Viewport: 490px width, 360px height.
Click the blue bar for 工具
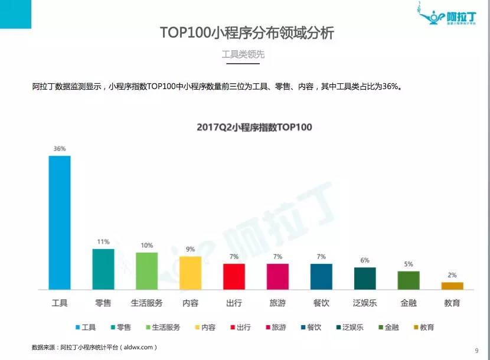coord(59,222)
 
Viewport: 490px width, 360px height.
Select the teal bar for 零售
coord(103,269)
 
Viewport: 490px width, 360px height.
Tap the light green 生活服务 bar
coord(146,271)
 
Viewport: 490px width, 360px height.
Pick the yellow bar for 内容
coord(190,273)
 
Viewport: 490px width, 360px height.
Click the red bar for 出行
coord(234,276)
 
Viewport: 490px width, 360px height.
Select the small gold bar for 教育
coord(452,286)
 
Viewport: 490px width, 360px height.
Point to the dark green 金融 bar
coord(409,280)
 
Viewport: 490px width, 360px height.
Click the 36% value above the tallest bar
coord(59,149)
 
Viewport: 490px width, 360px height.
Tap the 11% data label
coord(103,242)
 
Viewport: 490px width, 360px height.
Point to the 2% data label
coord(452,275)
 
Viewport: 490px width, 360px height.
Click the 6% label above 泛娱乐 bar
coord(365,260)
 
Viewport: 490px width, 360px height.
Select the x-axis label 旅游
coord(277,303)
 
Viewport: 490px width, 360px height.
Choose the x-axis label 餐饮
coord(321,303)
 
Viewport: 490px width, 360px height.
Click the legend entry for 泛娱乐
coord(352,327)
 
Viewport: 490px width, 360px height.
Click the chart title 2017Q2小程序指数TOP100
coord(254,127)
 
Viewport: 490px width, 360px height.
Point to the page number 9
coord(476,351)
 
